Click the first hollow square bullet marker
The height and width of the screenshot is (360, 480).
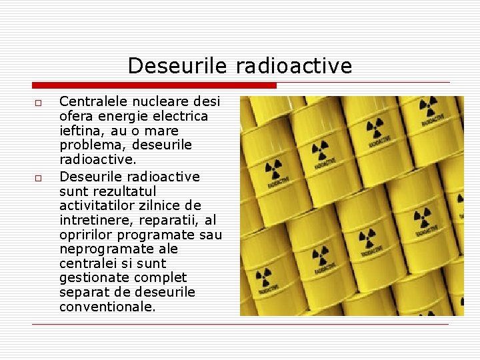pyautogui.click(x=38, y=103)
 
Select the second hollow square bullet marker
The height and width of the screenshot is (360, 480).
pyautogui.click(x=38, y=178)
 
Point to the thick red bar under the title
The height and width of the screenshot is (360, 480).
pyautogui.click(x=154, y=85)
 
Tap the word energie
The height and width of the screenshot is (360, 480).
pyautogui.click(x=121, y=116)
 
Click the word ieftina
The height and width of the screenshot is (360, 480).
pyautogui.click(x=81, y=131)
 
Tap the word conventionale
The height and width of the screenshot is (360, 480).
pyautogui.click(x=107, y=307)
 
